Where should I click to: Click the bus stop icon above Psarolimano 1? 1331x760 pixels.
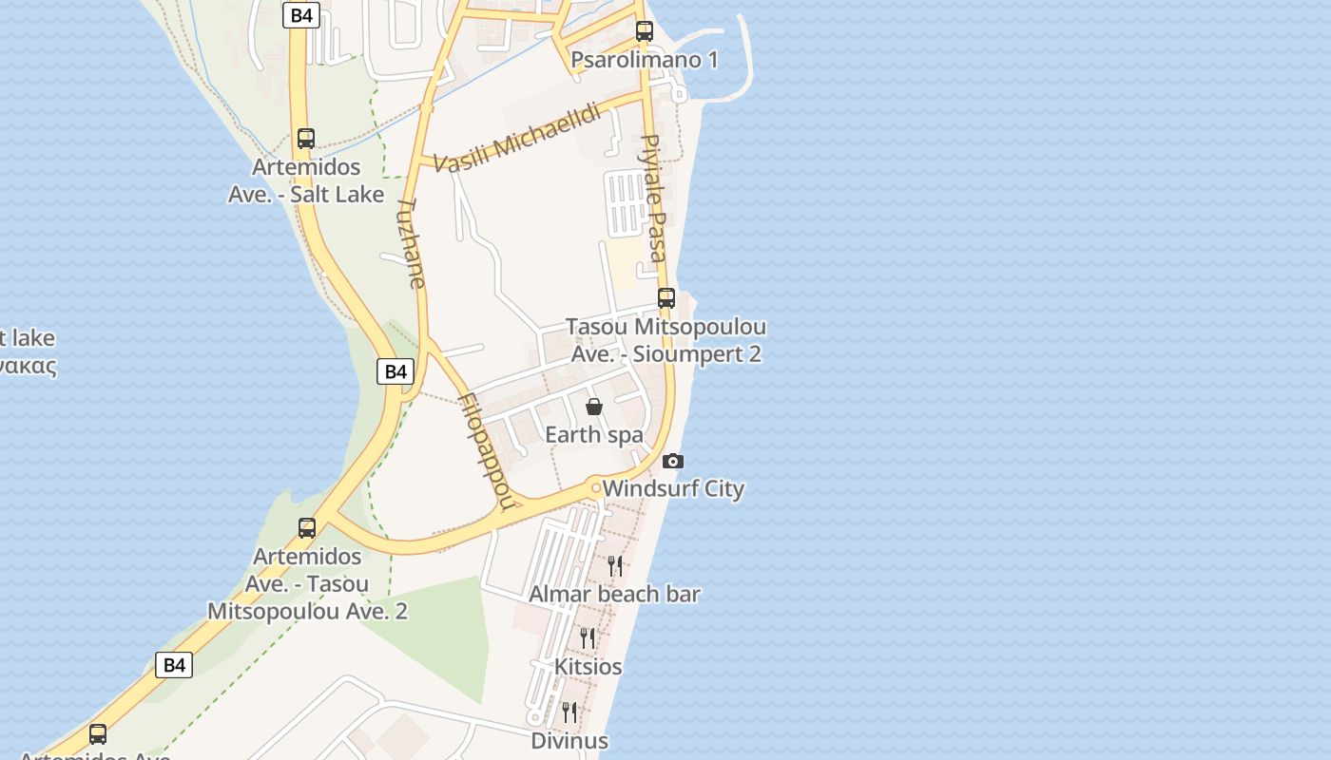click(645, 31)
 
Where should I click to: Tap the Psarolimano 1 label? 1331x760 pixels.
click(645, 60)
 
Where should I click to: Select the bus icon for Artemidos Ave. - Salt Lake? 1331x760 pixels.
click(305, 139)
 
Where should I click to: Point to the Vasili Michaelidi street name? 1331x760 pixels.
click(518, 138)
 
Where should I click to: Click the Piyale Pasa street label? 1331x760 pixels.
click(653, 198)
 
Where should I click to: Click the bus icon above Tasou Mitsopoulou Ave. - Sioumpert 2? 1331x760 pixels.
click(666, 298)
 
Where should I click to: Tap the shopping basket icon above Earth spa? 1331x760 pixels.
click(594, 407)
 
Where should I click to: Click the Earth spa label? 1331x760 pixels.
click(594, 435)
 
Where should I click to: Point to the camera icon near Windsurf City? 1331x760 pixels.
click(673, 462)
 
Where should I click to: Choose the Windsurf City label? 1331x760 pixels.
click(673, 489)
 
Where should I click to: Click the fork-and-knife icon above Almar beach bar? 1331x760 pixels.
click(615, 566)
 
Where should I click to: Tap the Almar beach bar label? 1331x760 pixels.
click(614, 595)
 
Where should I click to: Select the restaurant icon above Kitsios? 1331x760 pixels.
click(588, 638)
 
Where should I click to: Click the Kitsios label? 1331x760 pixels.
click(588, 667)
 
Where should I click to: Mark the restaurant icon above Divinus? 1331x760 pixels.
click(569, 712)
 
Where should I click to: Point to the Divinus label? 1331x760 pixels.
click(569, 740)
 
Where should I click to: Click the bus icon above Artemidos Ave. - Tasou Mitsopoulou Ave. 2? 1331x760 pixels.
click(307, 528)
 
